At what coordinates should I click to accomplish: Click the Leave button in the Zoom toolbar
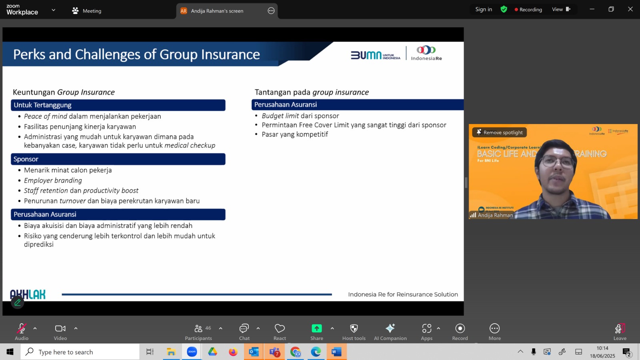pos(620,332)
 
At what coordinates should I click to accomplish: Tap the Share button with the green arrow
pos(316,328)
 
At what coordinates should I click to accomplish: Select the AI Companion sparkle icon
pos(390,328)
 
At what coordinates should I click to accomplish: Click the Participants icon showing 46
pos(198,328)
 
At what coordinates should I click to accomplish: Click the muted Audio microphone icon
pos(22,328)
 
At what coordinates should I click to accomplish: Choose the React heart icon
pos(280,328)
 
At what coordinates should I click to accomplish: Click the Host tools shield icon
pos(354,328)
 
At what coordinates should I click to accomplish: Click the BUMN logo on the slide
pos(375,55)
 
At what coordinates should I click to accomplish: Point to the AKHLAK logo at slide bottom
pos(28,294)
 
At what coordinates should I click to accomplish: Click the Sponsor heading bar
pos(118,159)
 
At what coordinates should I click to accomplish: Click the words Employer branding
pos(53,180)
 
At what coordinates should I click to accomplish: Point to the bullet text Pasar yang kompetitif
pos(294,134)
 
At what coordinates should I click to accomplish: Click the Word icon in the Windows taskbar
pos(336,352)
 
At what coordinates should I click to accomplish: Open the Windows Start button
pos(10,352)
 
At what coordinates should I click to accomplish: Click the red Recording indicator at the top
pos(528,10)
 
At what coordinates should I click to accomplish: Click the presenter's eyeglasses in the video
pos(557,162)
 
